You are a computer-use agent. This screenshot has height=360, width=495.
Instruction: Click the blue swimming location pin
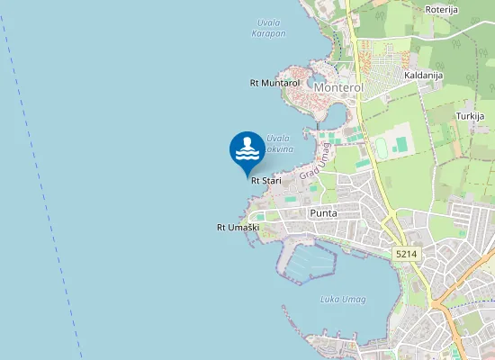pos(247,151)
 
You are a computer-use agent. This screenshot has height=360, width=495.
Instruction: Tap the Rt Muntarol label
pos(274,83)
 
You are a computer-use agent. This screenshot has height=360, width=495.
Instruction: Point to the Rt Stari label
pos(266,181)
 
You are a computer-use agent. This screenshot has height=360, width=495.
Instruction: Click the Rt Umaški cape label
pos(238,228)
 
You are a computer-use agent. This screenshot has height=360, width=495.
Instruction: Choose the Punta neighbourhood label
pos(323,213)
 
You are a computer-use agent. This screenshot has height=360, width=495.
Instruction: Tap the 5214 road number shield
pos(406,256)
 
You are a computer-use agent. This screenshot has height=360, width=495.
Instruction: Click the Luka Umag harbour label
pos(343,300)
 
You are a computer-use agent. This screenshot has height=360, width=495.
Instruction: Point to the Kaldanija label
pos(425,76)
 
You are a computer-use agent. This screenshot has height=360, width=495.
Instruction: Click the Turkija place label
pos(470,116)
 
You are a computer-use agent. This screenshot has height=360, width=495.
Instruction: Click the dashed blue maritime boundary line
pos(44,180)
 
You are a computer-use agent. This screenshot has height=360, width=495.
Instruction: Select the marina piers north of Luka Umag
pos(306,260)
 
